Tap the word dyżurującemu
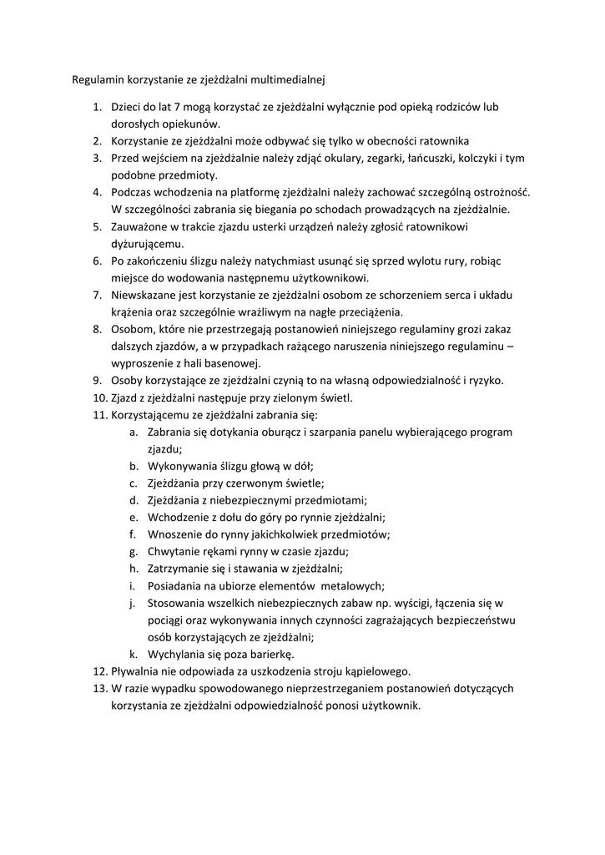click(148, 243)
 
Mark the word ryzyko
click(486, 380)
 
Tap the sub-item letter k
click(134, 654)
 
